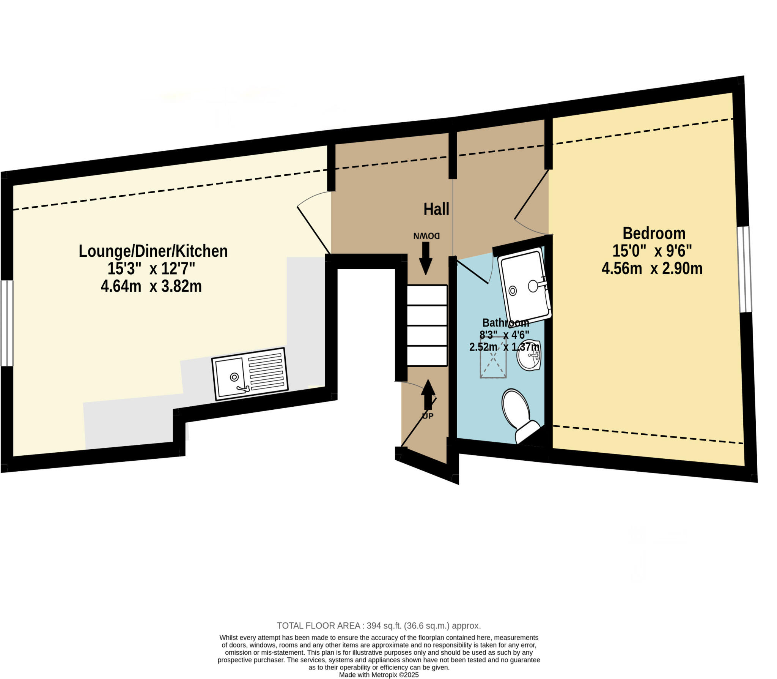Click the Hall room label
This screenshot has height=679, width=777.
436,209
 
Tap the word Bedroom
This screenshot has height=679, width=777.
654,233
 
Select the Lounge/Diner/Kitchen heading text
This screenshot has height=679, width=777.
153,251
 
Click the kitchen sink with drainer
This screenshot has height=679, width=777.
250,374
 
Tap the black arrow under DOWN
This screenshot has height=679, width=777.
425,258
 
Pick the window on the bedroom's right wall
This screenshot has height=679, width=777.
745,269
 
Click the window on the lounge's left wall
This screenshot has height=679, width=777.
6,323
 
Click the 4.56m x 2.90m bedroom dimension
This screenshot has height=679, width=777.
652,269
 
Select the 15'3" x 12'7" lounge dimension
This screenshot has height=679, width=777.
151,269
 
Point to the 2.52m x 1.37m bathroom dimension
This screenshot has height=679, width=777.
504,347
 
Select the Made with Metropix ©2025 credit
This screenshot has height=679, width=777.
379,675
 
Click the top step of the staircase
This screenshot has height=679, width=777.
427,295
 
